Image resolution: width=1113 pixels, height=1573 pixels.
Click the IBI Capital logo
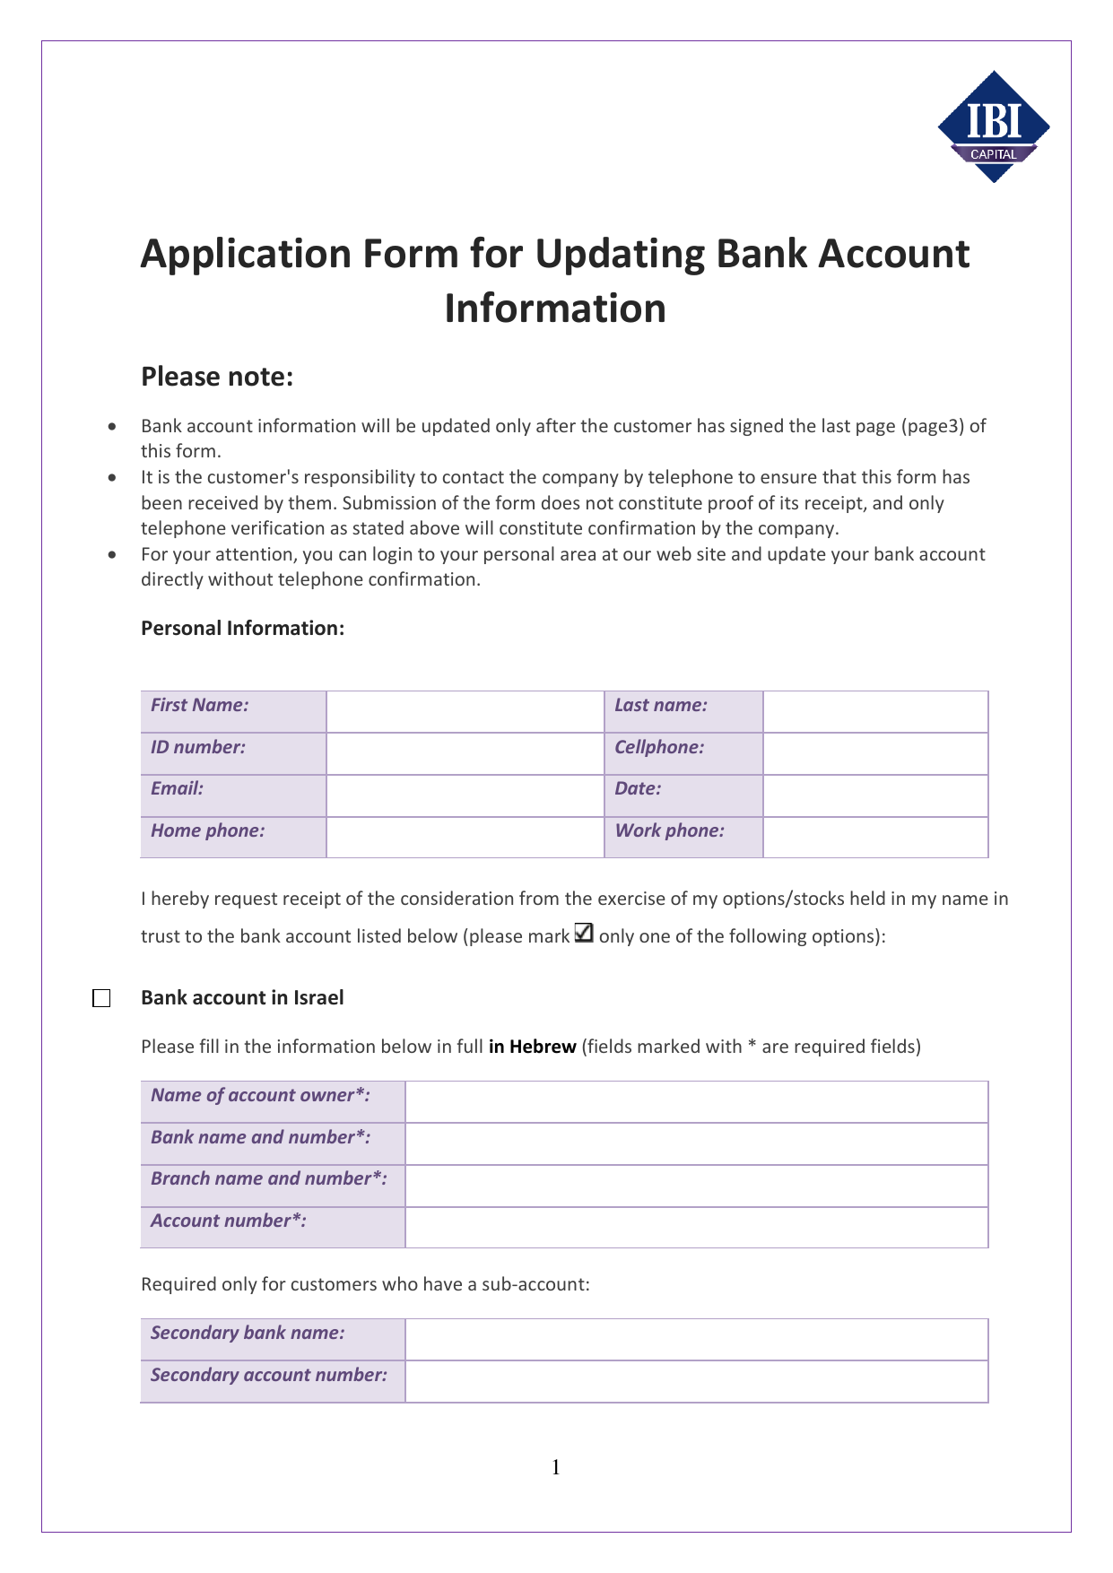click(x=994, y=126)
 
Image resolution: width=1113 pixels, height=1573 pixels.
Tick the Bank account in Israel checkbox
click(x=101, y=998)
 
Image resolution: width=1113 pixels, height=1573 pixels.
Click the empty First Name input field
click(x=465, y=711)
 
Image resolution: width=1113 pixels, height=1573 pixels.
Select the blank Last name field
click(x=875, y=711)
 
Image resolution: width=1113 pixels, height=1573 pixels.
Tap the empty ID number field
click(x=465, y=753)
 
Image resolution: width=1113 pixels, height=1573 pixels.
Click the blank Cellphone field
click(x=875, y=753)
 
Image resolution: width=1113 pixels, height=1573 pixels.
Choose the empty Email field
click(x=465, y=795)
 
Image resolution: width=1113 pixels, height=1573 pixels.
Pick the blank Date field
click(x=875, y=795)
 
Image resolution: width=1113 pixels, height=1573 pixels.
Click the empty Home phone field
click(x=465, y=837)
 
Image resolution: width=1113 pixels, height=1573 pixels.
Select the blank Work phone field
click(x=875, y=837)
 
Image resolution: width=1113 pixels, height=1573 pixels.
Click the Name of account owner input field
click(x=696, y=1101)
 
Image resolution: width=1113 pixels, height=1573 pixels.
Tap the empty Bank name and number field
click(x=696, y=1143)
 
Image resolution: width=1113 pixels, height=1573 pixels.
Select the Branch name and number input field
click(x=696, y=1186)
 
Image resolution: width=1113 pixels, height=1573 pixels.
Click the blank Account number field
click(x=696, y=1227)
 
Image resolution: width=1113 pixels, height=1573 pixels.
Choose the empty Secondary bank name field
click(x=696, y=1339)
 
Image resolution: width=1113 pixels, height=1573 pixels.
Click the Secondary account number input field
click(x=696, y=1381)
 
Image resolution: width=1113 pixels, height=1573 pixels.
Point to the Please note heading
click(x=217, y=377)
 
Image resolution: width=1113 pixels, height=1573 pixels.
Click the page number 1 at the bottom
click(x=556, y=1467)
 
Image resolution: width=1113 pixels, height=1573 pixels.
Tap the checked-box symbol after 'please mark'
click(x=583, y=934)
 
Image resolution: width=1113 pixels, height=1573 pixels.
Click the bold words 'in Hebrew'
click(x=532, y=1047)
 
